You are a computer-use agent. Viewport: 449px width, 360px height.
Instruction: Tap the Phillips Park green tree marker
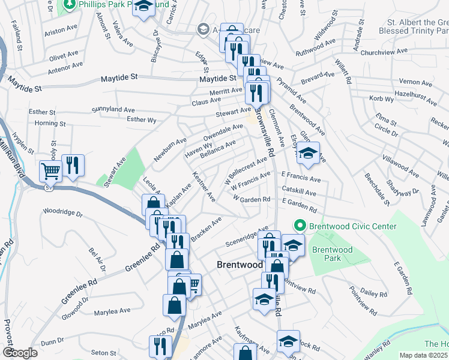pyautogui.click(x=69, y=5)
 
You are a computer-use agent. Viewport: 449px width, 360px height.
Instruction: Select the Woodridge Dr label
pyautogui.click(x=62, y=212)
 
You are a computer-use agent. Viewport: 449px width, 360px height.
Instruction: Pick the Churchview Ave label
pyautogui.click(x=384, y=52)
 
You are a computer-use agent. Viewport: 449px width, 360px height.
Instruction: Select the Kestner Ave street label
pyautogui.click(x=203, y=185)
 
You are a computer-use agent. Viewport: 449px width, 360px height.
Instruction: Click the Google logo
pyautogui.click(x=20, y=352)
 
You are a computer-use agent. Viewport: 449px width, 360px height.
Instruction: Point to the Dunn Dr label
pyautogui.click(x=52, y=341)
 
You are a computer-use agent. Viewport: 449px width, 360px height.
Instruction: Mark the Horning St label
pyautogui.click(x=50, y=124)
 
